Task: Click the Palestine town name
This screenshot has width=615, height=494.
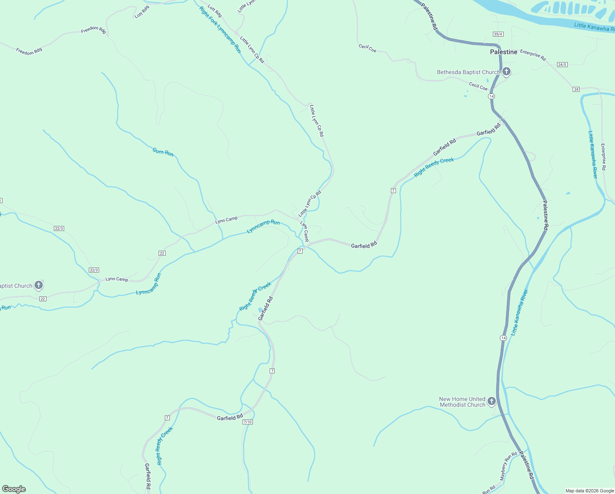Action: pyautogui.click(x=504, y=52)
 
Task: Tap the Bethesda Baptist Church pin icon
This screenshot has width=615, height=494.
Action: pyautogui.click(x=506, y=72)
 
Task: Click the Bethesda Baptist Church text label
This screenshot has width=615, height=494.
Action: pyautogui.click(x=468, y=72)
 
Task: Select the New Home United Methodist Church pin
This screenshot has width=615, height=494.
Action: pyautogui.click(x=492, y=401)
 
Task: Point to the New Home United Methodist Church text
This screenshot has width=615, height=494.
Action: pyautogui.click(x=462, y=402)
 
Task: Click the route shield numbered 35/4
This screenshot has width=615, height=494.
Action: pyautogui.click(x=498, y=34)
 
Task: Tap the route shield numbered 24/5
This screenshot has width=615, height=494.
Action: pyautogui.click(x=562, y=65)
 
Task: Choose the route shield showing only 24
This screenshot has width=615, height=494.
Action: pyautogui.click(x=576, y=89)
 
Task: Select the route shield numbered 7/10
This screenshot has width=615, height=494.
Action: pyautogui.click(x=247, y=422)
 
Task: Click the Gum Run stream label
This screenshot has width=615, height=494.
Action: pyautogui.click(x=163, y=152)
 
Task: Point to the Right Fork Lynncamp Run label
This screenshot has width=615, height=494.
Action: pyautogui.click(x=220, y=30)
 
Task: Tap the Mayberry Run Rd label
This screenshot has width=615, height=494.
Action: pyautogui.click(x=508, y=466)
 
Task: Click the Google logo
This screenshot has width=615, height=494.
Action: pyautogui.click(x=14, y=489)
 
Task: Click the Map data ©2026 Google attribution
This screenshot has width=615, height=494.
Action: pyautogui.click(x=590, y=491)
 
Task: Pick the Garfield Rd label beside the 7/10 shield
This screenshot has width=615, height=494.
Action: pyautogui.click(x=230, y=417)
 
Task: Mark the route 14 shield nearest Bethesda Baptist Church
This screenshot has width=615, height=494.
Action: pyautogui.click(x=491, y=96)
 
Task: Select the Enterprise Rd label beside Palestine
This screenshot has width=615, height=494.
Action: pyautogui.click(x=533, y=55)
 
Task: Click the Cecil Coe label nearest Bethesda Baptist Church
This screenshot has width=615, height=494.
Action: pyautogui.click(x=479, y=86)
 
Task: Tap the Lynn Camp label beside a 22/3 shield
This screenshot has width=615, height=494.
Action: pyautogui.click(x=117, y=279)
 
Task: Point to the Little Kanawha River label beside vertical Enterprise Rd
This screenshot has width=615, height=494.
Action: pyautogui.click(x=593, y=155)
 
